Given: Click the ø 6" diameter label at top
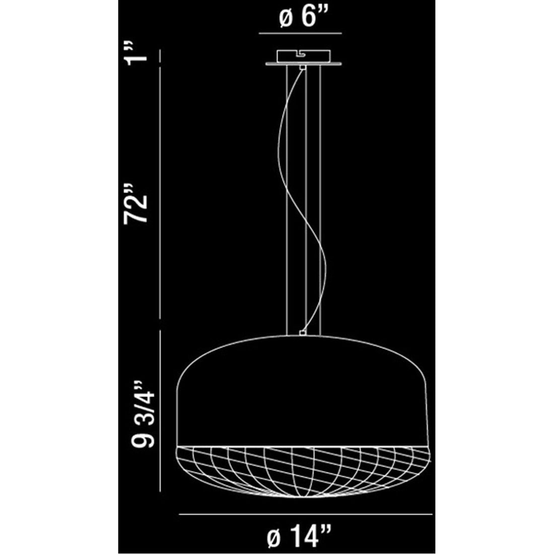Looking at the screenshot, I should pos(300,19).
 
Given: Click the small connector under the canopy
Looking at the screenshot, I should pos(302,66).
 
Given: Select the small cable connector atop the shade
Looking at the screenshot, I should pos(302,332).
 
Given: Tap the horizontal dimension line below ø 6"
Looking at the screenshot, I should pos(300,34).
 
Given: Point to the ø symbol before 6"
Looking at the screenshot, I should pos(285,19).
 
